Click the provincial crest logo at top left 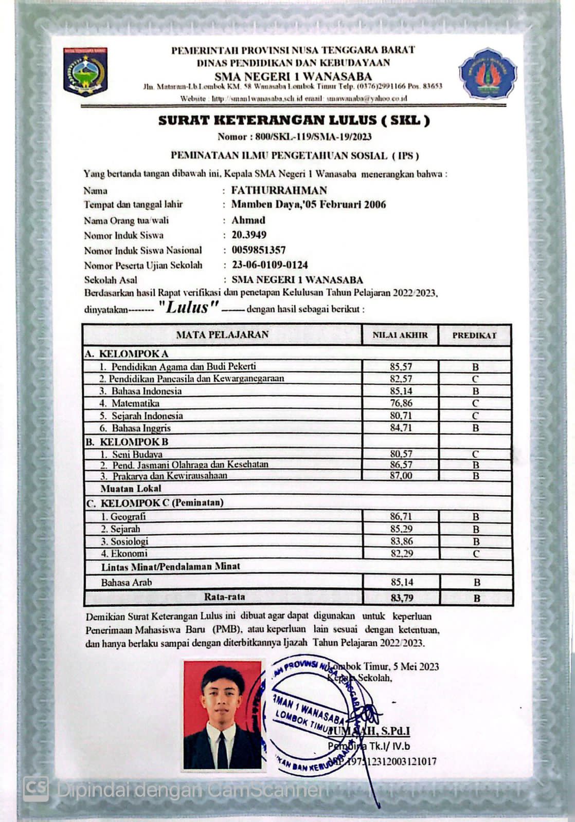(85, 72)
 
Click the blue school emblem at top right (488, 73)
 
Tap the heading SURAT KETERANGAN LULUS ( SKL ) (294, 121)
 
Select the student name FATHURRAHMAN (279, 190)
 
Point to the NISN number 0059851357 (258, 250)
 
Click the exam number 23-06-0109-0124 (269, 265)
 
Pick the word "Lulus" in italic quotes (189, 308)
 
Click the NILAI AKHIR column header (400, 335)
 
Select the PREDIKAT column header (474, 335)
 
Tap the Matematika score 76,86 (401, 403)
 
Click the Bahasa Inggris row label (141, 428)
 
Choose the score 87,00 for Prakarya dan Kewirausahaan (401, 476)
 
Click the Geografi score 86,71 (401, 516)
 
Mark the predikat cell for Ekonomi (476, 554)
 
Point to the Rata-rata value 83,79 (401, 598)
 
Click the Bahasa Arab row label (127, 583)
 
